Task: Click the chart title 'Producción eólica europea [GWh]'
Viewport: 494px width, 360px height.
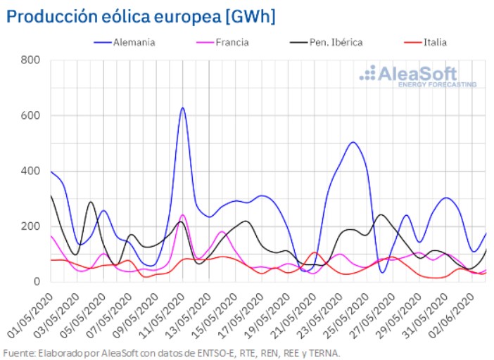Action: click(x=141, y=15)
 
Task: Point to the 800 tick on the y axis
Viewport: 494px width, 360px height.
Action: click(x=30, y=60)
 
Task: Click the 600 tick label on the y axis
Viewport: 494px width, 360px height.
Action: click(x=30, y=116)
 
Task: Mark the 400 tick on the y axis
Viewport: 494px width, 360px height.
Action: click(x=30, y=171)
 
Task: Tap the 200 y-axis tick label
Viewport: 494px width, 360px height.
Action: click(x=30, y=226)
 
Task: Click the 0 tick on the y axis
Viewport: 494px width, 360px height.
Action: click(x=37, y=282)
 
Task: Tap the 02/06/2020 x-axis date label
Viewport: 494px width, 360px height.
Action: click(x=454, y=309)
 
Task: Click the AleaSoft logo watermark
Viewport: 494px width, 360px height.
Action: click(x=417, y=76)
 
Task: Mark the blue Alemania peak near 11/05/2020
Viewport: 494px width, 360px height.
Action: click(x=182, y=108)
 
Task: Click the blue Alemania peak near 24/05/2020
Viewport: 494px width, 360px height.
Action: click(x=353, y=143)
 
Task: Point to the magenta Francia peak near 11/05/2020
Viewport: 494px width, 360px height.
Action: click(x=182, y=214)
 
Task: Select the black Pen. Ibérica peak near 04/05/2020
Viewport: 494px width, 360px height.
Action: click(x=90, y=202)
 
